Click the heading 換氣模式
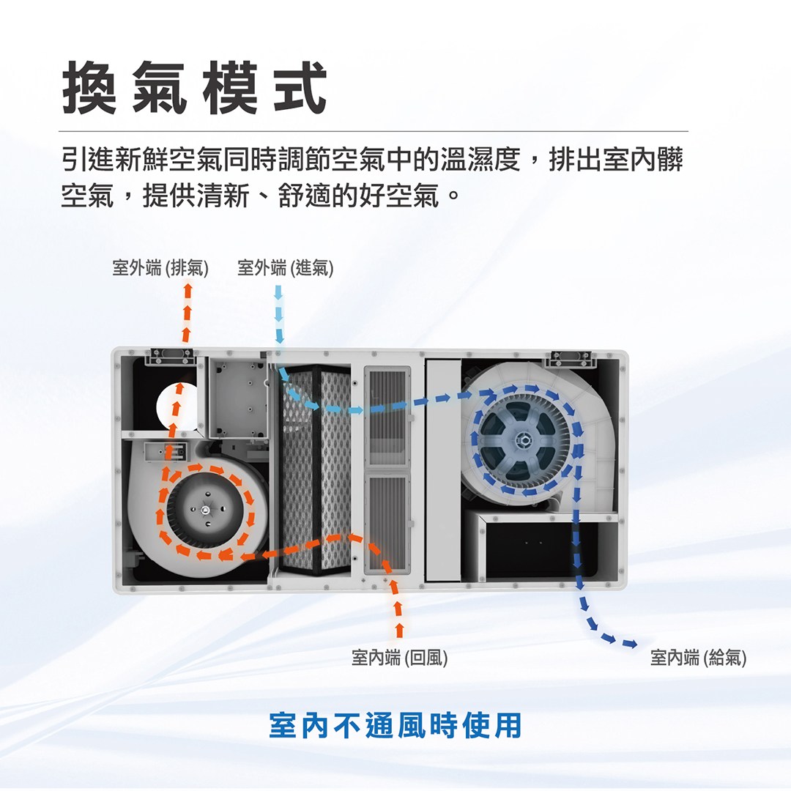coord(194,88)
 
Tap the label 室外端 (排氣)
coord(160,267)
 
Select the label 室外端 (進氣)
coord(286,267)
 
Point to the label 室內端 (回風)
coord(400,657)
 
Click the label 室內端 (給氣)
coord(698,657)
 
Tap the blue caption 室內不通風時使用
coord(395,725)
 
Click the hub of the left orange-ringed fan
coord(206,510)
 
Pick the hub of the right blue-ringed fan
coord(523,440)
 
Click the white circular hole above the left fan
coord(177,406)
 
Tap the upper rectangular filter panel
coord(387,417)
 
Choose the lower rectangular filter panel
coord(387,522)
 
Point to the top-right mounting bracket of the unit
coord(571,357)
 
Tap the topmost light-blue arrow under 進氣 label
coord(278,291)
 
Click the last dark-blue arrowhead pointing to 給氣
coord(630,644)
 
